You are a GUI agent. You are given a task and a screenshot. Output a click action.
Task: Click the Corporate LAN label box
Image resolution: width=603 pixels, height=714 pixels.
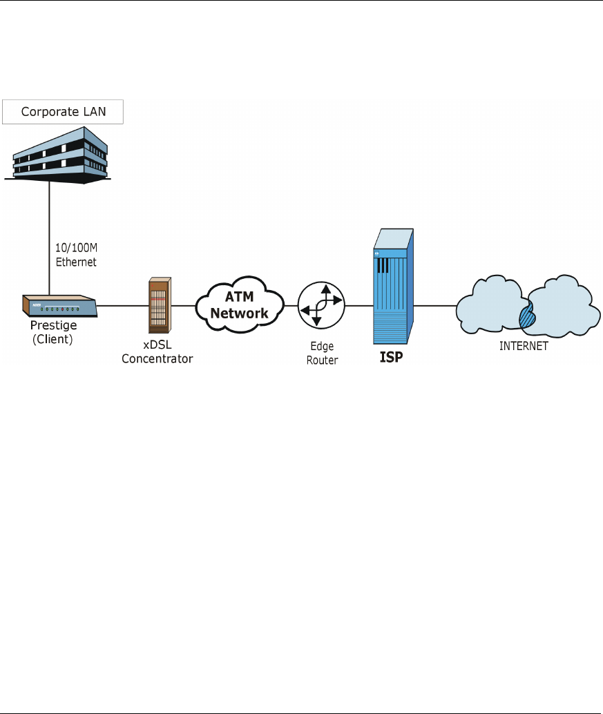(62, 112)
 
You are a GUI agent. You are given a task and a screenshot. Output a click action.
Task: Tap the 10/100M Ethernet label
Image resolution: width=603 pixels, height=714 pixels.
(75, 256)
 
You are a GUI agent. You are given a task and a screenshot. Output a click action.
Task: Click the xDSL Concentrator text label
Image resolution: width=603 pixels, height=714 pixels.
(157, 352)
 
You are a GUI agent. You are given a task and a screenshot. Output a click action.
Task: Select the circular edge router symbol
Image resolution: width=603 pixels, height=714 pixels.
(320, 305)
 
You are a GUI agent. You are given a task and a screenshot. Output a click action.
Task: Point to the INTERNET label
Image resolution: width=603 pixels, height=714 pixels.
(524, 346)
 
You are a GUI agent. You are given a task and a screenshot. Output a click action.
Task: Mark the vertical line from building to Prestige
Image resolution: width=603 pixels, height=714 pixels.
(49, 235)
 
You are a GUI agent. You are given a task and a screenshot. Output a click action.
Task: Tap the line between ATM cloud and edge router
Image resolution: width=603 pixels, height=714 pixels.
(291, 305)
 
